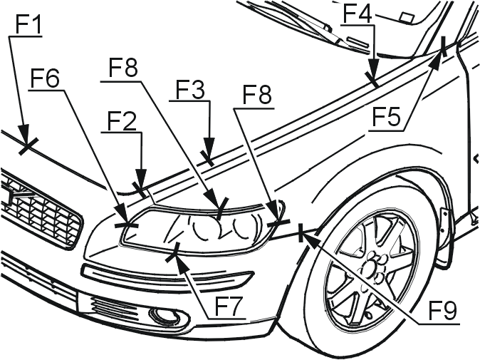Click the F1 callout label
point(28,23)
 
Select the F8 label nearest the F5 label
point(257,94)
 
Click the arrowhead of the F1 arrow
point(24,134)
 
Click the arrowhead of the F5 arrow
point(436,61)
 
